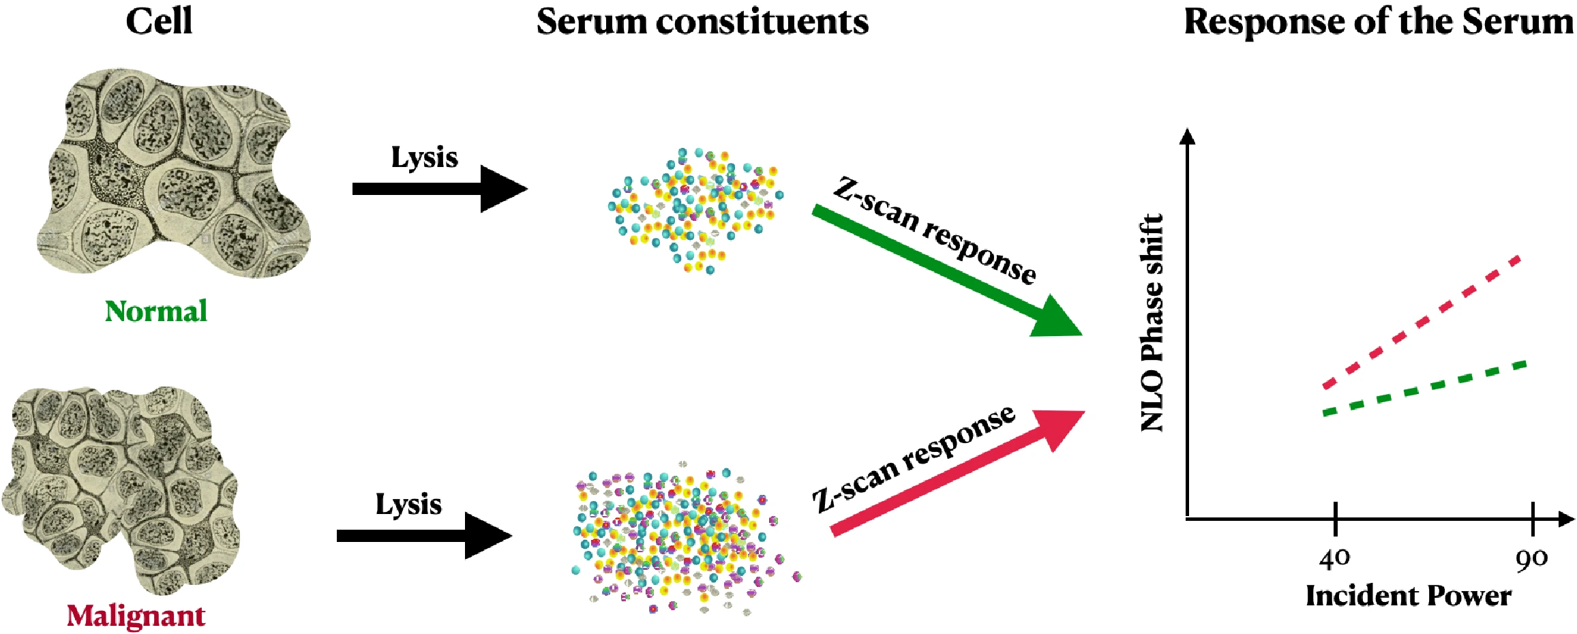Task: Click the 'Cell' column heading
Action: (159, 21)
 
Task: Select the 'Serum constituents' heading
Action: (702, 22)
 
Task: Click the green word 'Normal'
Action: (156, 312)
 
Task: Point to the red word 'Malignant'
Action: (136, 616)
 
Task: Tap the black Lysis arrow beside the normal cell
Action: (440, 189)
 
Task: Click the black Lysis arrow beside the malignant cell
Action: (424, 536)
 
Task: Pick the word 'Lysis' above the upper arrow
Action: (424, 158)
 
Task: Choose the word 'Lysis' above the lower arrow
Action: (408, 505)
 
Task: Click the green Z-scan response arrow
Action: (947, 271)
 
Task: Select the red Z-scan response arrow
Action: (957, 472)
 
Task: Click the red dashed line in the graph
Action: (1422, 322)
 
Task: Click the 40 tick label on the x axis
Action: (1334, 559)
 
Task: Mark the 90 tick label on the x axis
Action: (1531, 559)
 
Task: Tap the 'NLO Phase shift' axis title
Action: (1152, 322)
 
